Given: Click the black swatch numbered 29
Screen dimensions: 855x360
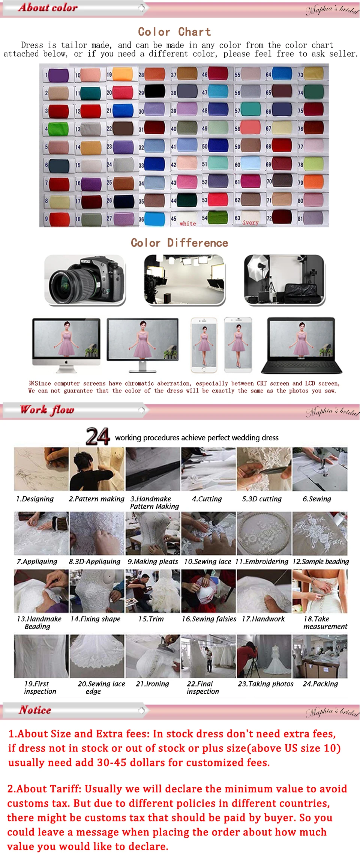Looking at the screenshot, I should pyautogui.click(x=155, y=91).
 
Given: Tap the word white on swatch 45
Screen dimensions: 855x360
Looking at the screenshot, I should pyautogui.click(x=188, y=224).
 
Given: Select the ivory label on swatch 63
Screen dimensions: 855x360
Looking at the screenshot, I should pyautogui.click(x=250, y=222).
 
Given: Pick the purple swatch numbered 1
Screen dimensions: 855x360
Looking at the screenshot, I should pyautogui.click(x=58, y=75).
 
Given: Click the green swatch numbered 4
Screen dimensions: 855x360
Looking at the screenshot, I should pyautogui.click(x=58, y=129).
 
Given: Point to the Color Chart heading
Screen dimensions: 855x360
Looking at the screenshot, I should pyautogui.click(x=174, y=32).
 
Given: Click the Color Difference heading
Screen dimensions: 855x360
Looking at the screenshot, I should pyautogui.click(x=179, y=243).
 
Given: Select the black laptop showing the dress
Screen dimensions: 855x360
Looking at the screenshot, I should pyautogui.click(x=301, y=345).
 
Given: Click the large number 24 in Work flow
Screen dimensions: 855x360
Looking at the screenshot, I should pyautogui.click(x=97, y=436).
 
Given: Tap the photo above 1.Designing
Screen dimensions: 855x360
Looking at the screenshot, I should pyautogui.click(x=41, y=469).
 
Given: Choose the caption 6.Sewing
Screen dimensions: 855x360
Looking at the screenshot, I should pyautogui.click(x=317, y=499).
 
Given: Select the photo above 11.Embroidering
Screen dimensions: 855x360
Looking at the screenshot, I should pyautogui.click(x=264, y=533).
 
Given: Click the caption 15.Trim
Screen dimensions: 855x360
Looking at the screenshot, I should pyautogui.click(x=151, y=619).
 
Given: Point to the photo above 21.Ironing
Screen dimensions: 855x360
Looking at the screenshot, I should pyautogui.click(x=153, y=656).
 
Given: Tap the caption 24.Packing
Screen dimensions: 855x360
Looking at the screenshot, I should pyautogui.click(x=320, y=684).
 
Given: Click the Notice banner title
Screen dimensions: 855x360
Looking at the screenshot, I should pyautogui.click(x=35, y=710).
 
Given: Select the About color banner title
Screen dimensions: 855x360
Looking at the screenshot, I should pyautogui.click(x=48, y=8).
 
